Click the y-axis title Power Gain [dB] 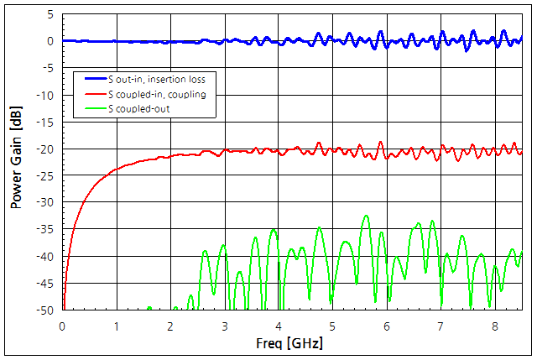(x=15, y=161)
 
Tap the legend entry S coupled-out (x=138, y=108)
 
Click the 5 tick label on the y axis (x=51, y=14)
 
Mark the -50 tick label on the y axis (x=47, y=310)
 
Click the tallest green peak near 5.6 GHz (x=366, y=217)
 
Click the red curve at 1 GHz (x=117, y=169)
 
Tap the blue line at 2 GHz (x=170, y=41)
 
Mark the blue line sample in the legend (x=91, y=79)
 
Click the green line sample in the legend (x=91, y=108)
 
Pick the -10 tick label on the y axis (x=47, y=95)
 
